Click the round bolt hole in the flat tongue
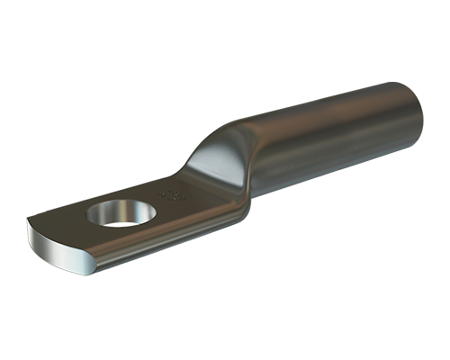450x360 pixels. [x=121, y=214]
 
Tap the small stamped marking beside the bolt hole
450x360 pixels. [x=171, y=193]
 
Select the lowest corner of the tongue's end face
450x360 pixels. [x=87, y=271]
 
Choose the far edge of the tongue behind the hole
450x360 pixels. [x=135, y=192]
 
